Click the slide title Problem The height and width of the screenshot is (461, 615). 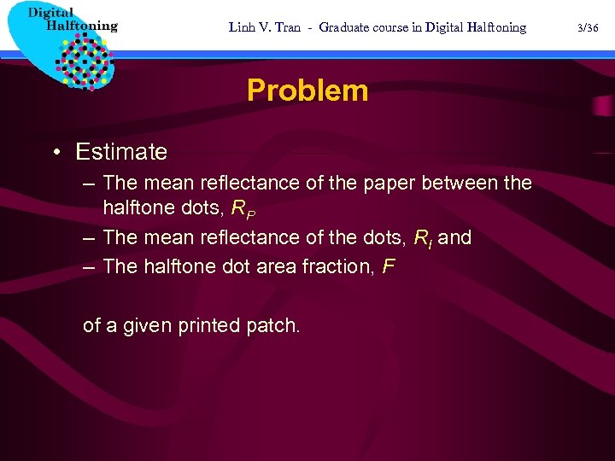tap(307, 90)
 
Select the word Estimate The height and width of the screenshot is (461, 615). tap(121, 152)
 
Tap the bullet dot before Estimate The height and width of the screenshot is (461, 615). tap(56, 152)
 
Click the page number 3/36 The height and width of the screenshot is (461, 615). tap(588, 27)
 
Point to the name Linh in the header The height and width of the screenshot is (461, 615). tap(242, 27)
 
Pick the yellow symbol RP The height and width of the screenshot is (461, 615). tap(244, 207)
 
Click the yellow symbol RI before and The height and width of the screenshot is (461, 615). tap(422, 238)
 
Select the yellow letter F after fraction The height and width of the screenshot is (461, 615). tap(389, 266)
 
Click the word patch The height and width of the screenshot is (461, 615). tap(273, 325)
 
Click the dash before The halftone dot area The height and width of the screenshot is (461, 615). tap(89, 266)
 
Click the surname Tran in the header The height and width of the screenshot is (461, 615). tap(288, 27)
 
